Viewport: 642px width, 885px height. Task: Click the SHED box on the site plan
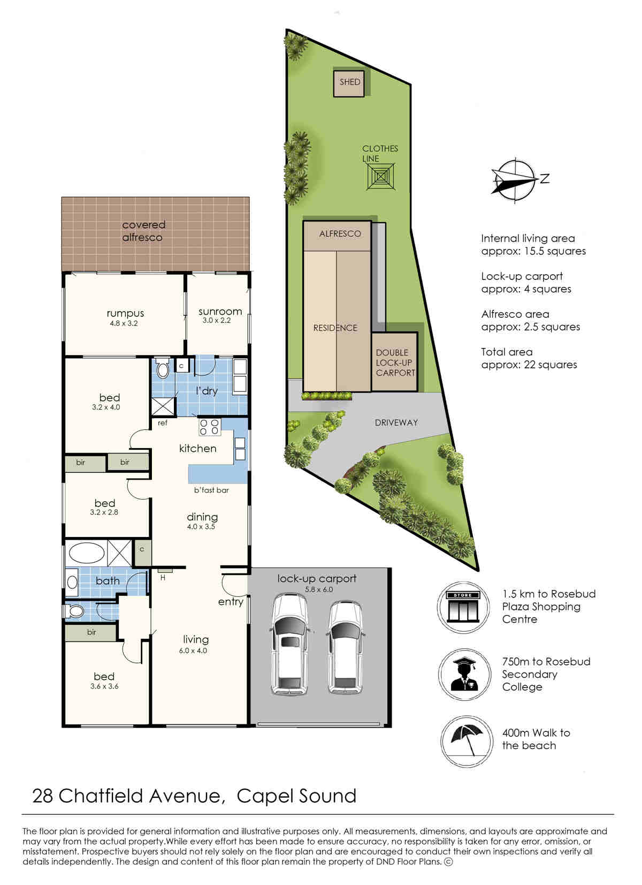tap(349, 83)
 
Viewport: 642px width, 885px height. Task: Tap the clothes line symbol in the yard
tap(380, 177)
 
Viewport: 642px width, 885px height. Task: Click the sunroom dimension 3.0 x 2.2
tap(216, 320)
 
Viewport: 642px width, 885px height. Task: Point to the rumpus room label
tap(125, 314)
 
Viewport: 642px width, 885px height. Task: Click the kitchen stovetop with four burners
tap(209, 427)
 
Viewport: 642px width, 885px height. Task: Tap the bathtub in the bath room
tap(87, 553)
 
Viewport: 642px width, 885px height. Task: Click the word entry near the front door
tap(231, 602)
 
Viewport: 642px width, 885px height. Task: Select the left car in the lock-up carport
tap(290, 646)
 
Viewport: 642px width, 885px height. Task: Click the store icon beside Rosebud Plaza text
tap(463, 607)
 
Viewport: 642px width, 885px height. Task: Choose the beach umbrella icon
tap(467, 742)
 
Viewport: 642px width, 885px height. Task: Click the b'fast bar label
tap(211, 490)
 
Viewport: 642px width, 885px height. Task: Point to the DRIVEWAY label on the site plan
tap(396, 423)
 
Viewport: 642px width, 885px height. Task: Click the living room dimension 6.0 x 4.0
tap(193, 650)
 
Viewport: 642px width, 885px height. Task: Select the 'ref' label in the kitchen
tap(163, 423)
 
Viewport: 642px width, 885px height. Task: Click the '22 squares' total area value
tap(551, 365)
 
